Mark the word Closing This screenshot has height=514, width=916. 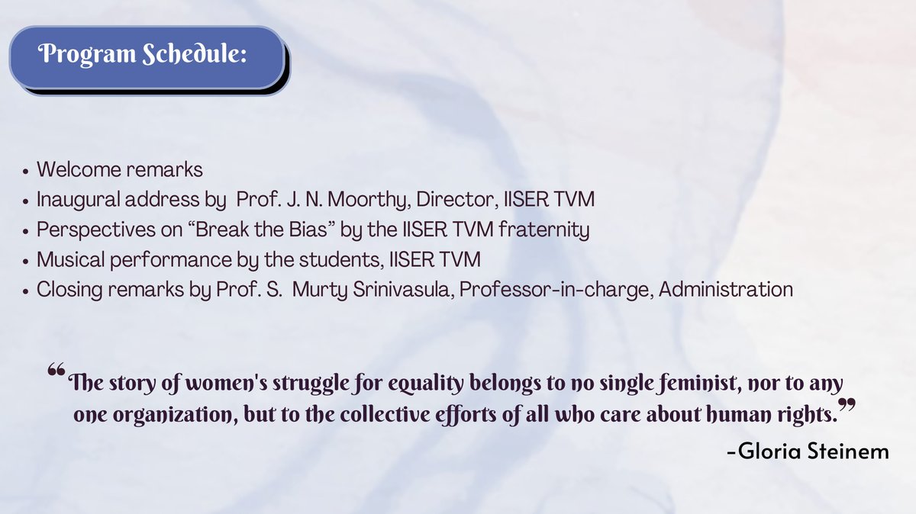coord(64,290)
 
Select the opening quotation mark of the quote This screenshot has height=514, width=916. coord(56,373)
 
